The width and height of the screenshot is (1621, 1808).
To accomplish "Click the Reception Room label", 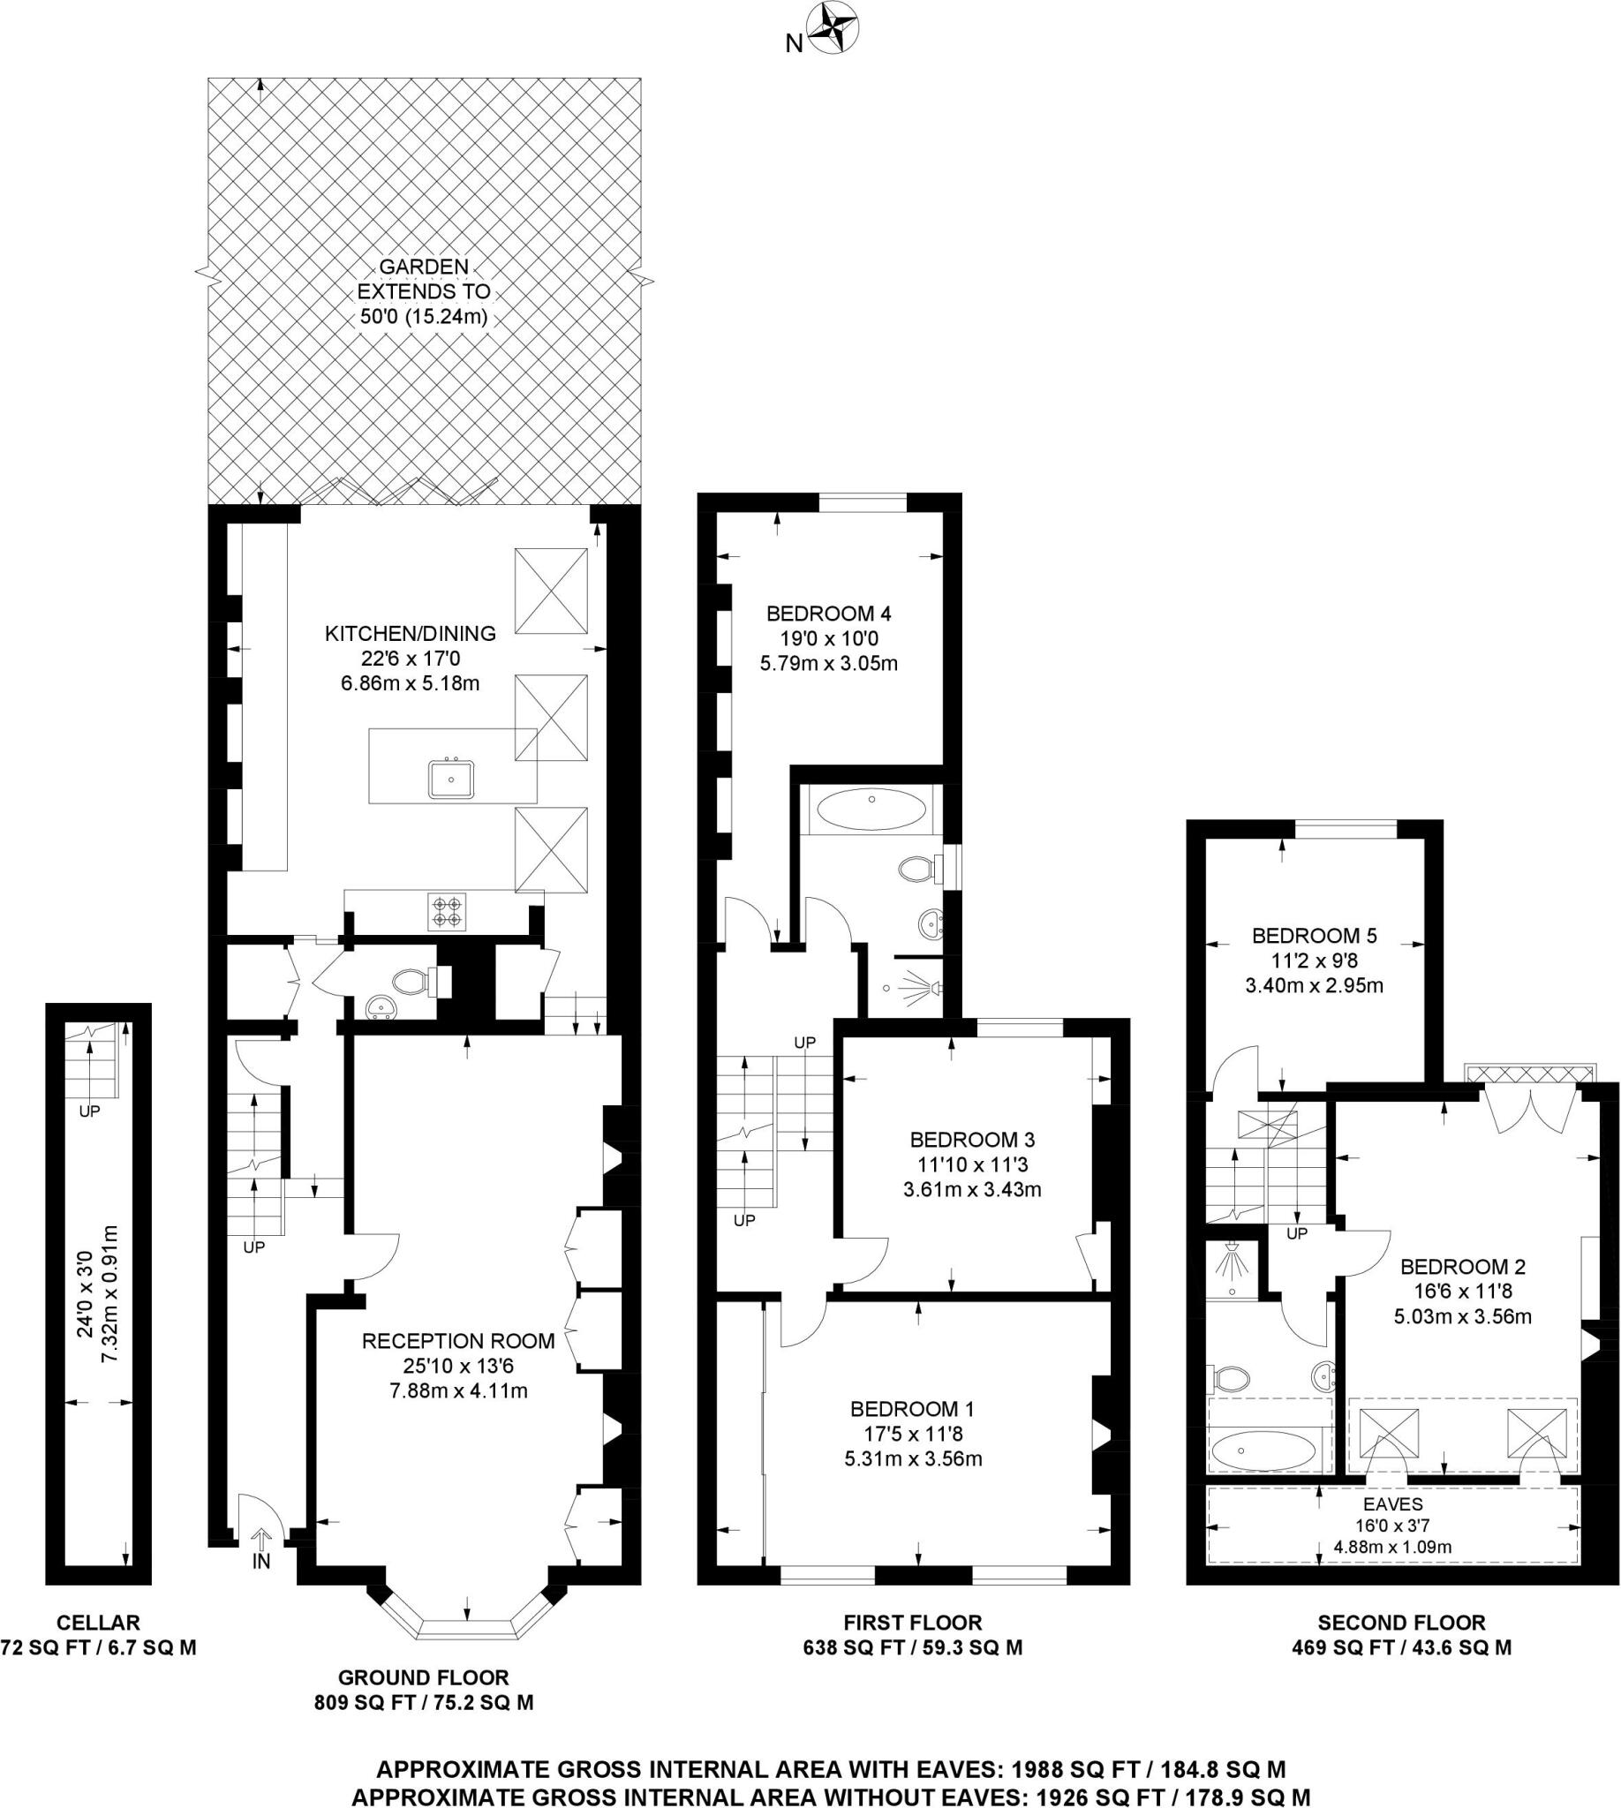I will tap(458, 1341).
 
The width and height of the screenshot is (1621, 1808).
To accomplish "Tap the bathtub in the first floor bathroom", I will tap(871, 810).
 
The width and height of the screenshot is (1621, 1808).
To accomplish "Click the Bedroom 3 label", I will tap(972, 1139).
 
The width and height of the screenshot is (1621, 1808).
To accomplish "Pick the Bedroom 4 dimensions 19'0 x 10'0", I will tap(828, 638).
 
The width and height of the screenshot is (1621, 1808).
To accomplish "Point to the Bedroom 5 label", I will tap(1314, 935).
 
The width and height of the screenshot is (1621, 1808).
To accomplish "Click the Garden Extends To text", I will tap(423, 291).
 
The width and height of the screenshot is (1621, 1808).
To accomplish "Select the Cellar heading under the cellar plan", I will tap(98, 1622).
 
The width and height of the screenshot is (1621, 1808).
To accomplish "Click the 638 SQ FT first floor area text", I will tap(912, 1646).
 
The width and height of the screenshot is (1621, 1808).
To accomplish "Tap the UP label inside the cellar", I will tap(90, 1111).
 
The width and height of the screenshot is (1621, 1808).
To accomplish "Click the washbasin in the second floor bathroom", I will tap(1324, 1376).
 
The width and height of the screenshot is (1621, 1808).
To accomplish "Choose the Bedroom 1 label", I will tap(912, 1408).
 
